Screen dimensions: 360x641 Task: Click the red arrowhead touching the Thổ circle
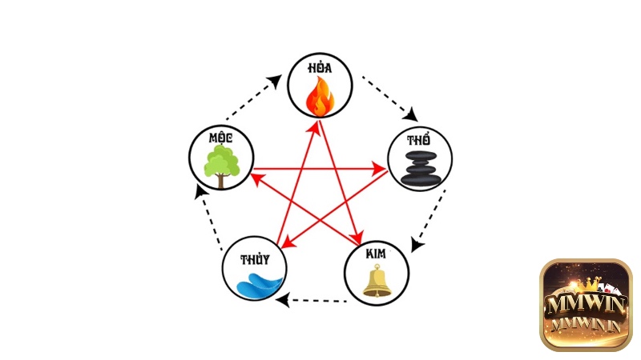381,169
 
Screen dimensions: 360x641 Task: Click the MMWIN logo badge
586,304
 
